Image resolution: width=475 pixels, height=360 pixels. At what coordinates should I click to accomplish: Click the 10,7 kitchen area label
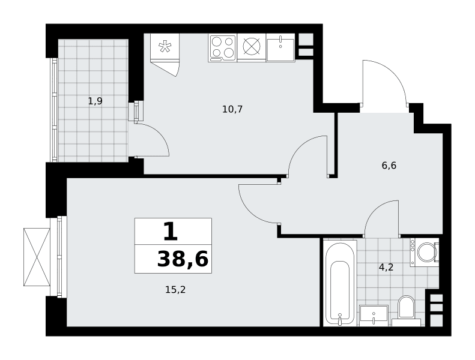(232, 109)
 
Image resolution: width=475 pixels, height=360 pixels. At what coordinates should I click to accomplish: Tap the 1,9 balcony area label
(95, 101)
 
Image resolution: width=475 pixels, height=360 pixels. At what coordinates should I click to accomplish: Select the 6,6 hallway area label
(389, 166)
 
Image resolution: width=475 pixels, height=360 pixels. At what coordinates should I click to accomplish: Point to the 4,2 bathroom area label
(386, 268)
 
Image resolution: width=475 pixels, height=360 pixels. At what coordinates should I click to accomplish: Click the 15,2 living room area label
(175, 290)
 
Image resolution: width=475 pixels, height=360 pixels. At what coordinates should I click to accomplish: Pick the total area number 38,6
(183, 259)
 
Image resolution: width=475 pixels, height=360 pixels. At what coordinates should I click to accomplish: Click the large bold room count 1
(171, 232)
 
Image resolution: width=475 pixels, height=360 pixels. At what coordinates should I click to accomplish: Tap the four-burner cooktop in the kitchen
(223, 48)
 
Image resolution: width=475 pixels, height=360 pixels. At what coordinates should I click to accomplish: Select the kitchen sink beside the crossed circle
(280, 48)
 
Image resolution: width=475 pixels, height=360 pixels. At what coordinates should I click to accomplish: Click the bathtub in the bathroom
(340, 283)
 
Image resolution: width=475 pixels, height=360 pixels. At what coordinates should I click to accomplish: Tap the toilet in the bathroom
(406, 311)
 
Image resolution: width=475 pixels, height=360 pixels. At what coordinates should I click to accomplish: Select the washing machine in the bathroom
(425, 252)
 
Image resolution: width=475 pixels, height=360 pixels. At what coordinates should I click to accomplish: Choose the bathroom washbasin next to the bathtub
(374, 316)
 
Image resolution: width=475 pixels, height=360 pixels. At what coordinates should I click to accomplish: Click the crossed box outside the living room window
(37, 257)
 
